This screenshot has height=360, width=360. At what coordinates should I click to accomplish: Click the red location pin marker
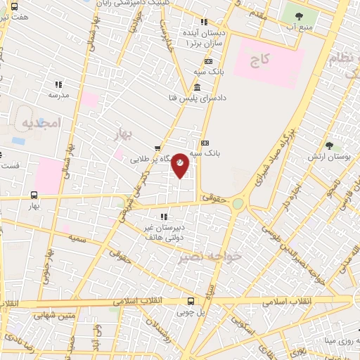[180, 164]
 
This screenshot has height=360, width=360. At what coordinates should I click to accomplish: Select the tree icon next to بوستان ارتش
[329, 146]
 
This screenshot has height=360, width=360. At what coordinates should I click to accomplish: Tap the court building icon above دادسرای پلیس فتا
[196, 88]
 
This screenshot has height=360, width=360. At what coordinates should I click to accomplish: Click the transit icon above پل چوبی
[191, 301]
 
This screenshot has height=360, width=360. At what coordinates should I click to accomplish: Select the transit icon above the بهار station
[34, 195]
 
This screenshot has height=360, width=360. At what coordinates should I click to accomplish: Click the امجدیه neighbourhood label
[43, 123]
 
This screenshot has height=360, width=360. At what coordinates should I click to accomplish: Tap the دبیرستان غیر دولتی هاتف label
[163, 233]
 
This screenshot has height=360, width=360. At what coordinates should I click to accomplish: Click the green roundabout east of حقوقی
[239, 203]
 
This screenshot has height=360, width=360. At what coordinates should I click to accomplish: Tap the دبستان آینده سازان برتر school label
[205, 38]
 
